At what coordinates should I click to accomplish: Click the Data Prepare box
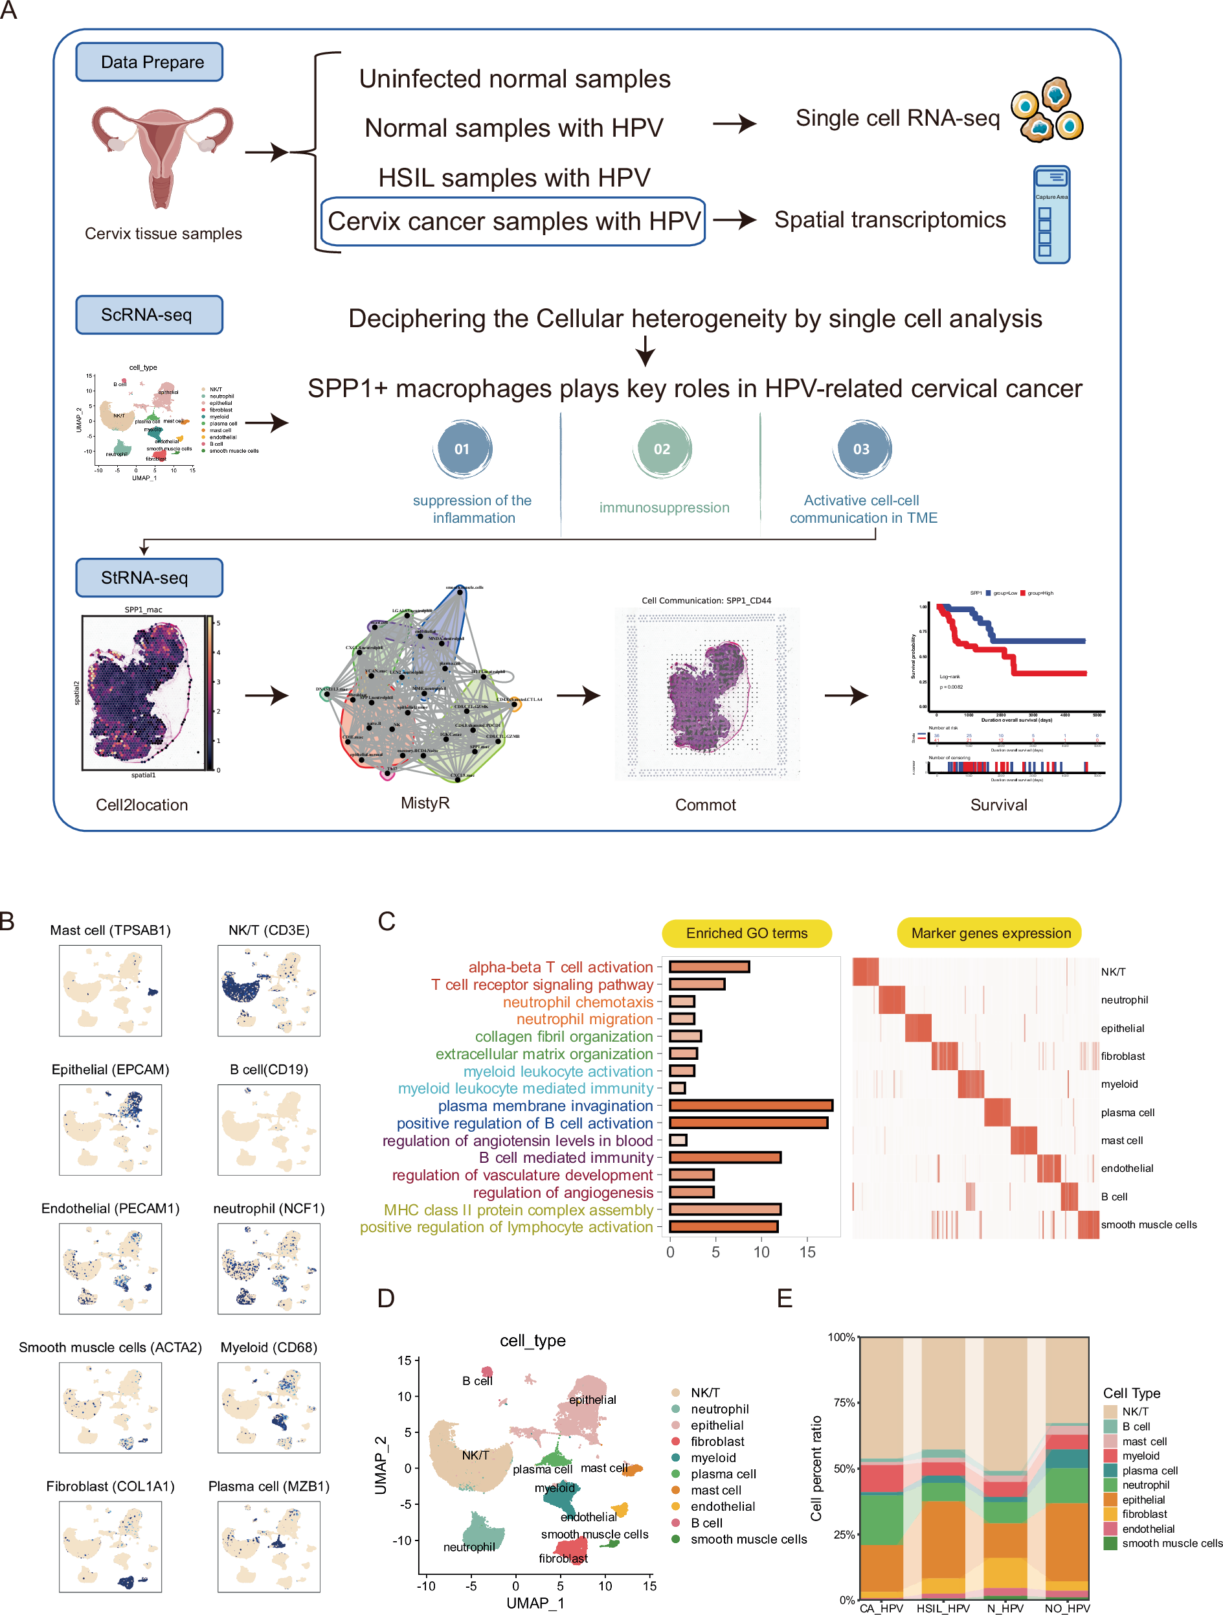click(149, 62)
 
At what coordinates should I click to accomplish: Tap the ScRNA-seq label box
click(149, 315)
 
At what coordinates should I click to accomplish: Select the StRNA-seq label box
click(149, 577)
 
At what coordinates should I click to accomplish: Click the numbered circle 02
click(662, 449)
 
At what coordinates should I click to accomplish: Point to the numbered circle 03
click(861, 449)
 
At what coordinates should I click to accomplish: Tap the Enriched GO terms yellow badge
click(746, 933)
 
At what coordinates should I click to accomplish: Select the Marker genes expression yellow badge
click(989, 933)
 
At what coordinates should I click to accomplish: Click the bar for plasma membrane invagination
click(750, 1105)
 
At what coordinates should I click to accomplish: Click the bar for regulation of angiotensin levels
click(678, 1140)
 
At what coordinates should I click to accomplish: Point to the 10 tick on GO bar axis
click(761, 1252)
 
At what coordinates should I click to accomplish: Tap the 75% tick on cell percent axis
click(844, 1403)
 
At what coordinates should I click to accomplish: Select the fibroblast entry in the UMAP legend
click(717, 1441)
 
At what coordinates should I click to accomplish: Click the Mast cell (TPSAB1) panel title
click(110, 930)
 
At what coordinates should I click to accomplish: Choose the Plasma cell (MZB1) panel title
click(269, 1487)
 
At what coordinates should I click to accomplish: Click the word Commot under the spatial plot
click(705, 805)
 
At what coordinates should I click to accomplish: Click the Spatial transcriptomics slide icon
click(1051, 214)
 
